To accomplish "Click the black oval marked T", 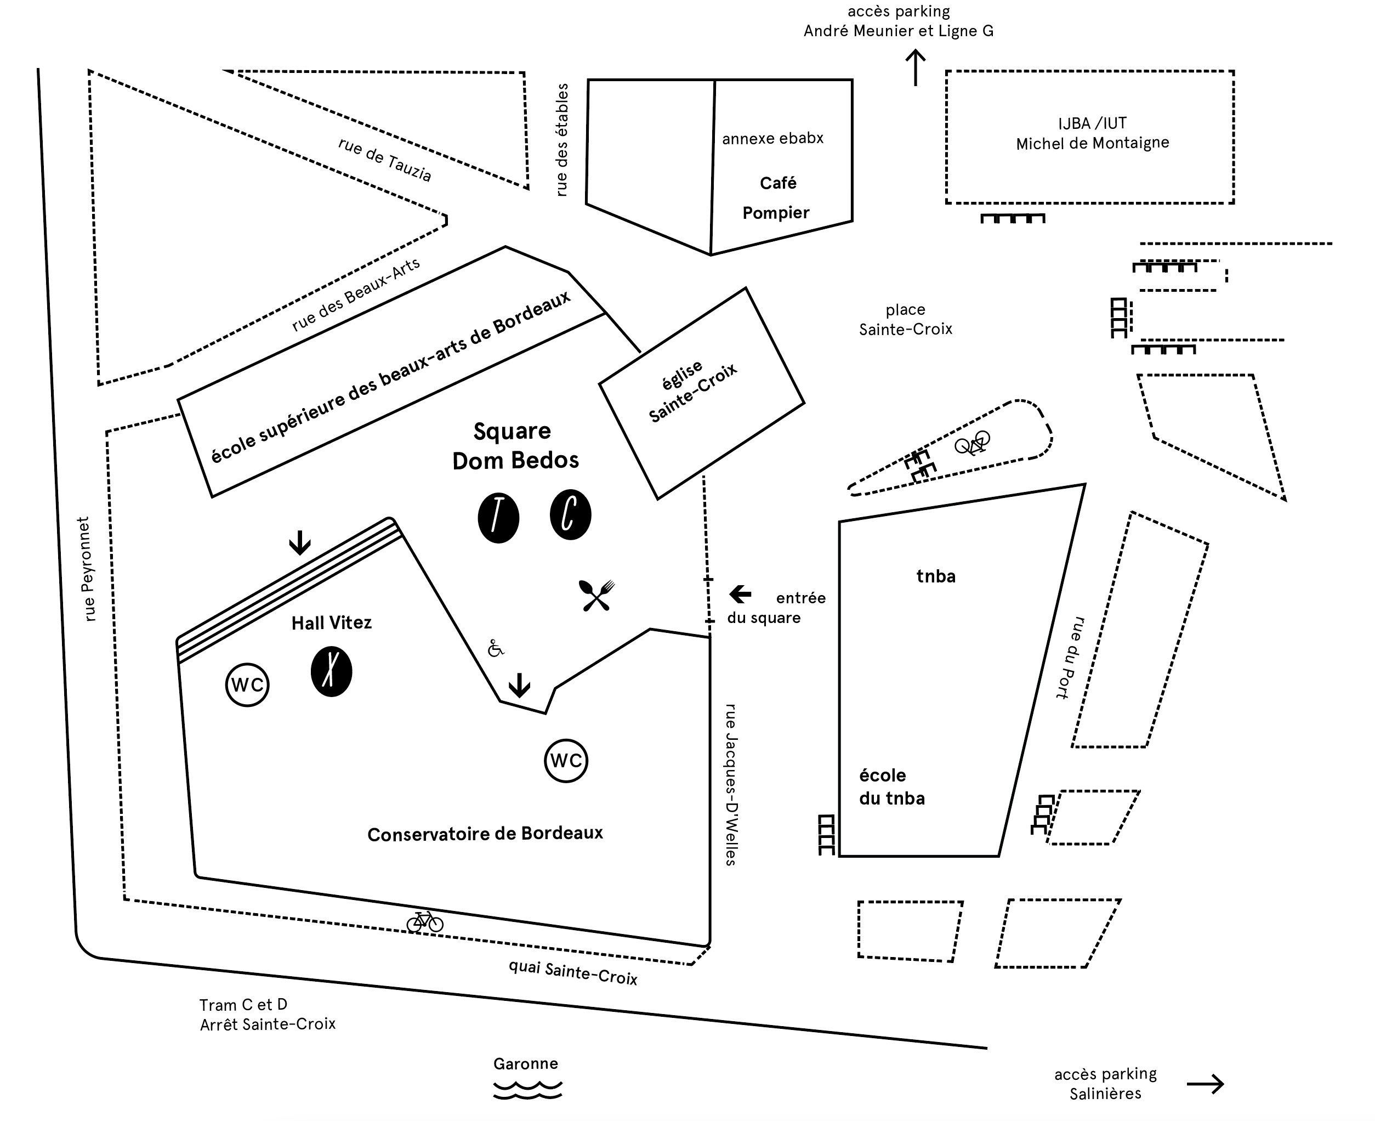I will [x=498, y=518].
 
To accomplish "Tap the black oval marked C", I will [x=570, y=514].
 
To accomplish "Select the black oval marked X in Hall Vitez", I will [x=331, y=672].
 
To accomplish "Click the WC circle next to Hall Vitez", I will [x=247, y=684].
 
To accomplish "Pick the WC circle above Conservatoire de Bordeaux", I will [x=566, y=761].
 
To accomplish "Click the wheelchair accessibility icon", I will [x=495, y=648].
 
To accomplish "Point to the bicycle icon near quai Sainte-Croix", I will [x=425, y=921].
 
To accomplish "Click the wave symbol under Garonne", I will [x=527, y=1091].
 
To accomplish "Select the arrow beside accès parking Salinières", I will [x=1205, y=1084].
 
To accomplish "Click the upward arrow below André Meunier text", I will [x=916, y=69].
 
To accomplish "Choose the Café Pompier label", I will [x=776, y=197].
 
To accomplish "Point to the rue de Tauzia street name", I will [x=385, y=160].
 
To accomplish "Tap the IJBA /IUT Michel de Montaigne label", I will [x=1092, y=133].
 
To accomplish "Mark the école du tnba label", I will [x=891, y=786].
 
